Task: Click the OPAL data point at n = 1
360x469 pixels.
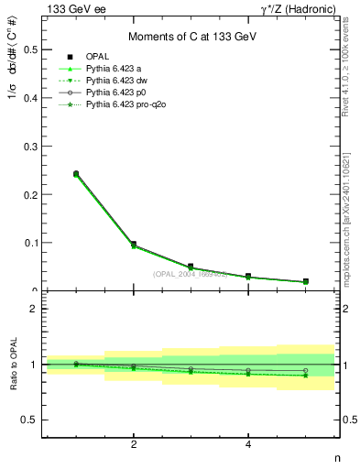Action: click(x=76, y=173)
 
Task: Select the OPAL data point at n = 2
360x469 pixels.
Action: click(x=134, y=245)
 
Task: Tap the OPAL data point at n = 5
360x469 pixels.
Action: click(x=305, y=281)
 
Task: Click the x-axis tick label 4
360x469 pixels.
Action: click(x=248, y=444)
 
